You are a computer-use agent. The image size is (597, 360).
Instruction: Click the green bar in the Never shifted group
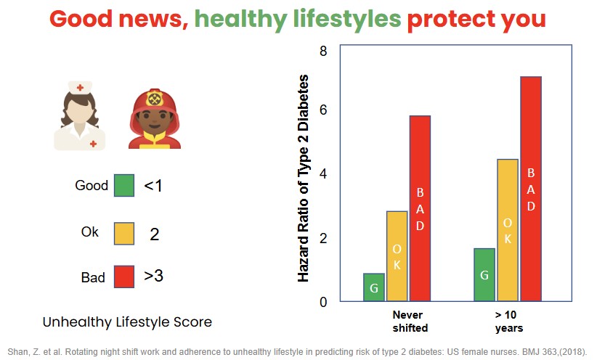click(373, 287)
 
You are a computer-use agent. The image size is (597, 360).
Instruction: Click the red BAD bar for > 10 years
click(531, 189)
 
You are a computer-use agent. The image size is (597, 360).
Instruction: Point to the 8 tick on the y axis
click(323, 52)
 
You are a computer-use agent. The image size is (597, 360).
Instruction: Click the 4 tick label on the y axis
click(323, 174)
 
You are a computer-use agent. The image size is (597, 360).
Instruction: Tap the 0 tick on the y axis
click(323, 302)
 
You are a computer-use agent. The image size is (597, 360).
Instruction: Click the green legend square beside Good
click(124, 185)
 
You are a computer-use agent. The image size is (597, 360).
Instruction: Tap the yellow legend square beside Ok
click(124, 232)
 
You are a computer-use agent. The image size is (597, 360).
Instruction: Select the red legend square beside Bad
click(124, 277)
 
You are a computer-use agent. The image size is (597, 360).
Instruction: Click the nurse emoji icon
click(80, 115)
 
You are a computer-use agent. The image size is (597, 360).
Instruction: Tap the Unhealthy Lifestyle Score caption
click(127, 321)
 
